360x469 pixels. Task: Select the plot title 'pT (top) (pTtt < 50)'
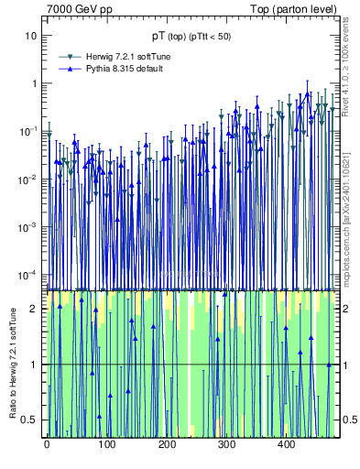tap(191, 36)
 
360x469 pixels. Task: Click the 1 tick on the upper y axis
tap(34, 83)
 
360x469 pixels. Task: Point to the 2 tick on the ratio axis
tap(36, 309)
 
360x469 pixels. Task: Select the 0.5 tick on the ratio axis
tap(32, 420)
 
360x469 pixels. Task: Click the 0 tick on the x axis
tap(47, 445)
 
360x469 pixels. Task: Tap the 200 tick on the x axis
tap(167, 445)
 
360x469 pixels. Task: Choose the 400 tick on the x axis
tap(286, 445)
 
